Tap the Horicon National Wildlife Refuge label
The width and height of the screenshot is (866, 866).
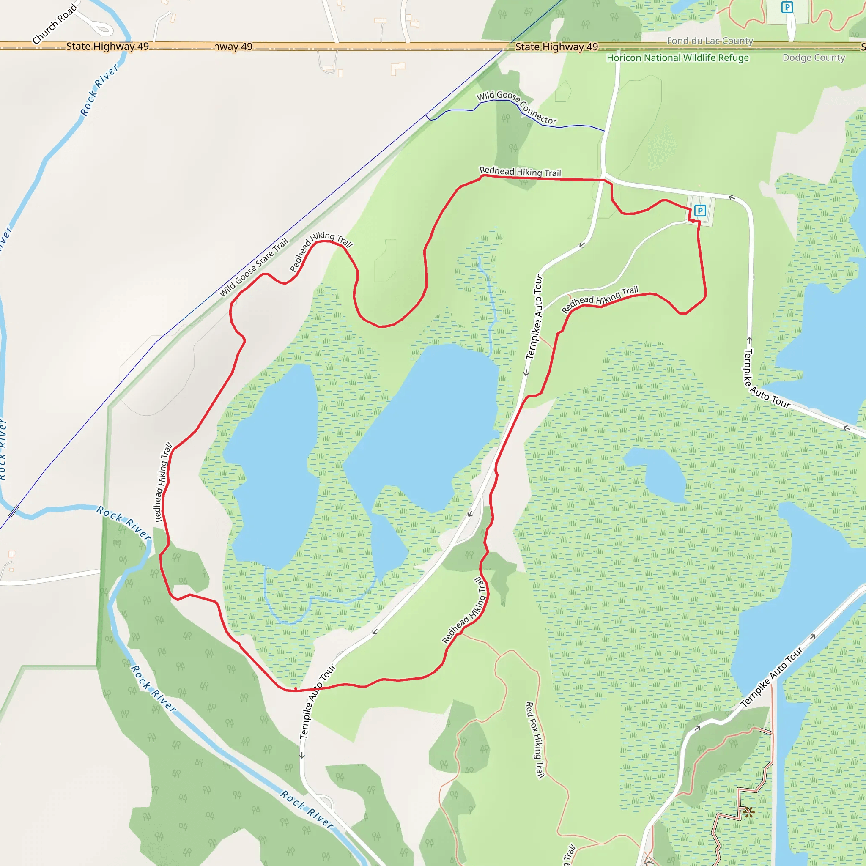[677, 58]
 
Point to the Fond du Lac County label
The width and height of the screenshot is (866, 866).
[710, 41]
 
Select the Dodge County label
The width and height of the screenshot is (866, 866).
[814, 58]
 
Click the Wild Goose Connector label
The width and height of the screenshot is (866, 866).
[516, 107]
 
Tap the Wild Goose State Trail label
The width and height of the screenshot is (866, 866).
[254, 268]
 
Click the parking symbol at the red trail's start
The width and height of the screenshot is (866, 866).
[700, 210]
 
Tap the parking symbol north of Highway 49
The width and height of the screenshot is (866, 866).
[787, 7]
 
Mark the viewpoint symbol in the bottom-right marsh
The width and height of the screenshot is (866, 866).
[748, 812]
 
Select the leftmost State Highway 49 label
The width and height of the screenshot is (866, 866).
[107, 47]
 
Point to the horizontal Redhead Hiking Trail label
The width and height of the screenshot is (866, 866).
[520, 172]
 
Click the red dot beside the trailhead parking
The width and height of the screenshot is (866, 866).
[693, 221]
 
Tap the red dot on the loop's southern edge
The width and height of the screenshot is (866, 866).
[296, 689]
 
